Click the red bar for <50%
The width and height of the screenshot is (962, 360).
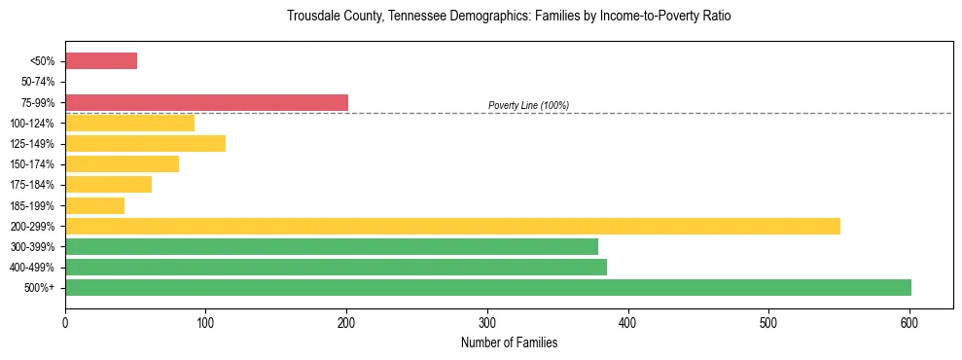pyautogui.click(x=101, y=61)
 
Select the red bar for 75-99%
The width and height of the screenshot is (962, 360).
pyautogui.click(x=206, y=102)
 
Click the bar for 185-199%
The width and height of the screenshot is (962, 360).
pyautogui.click(x=94, y=205)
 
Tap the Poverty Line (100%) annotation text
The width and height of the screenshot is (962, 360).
pyautogui.click(x=528, y=105)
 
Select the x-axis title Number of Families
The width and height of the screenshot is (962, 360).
pyautogui.click(x=509, y=342)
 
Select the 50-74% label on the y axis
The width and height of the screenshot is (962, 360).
pyautogui.click(x=37, y=82)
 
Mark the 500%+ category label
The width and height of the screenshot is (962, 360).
pyautogui.click(x=40, y=288)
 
